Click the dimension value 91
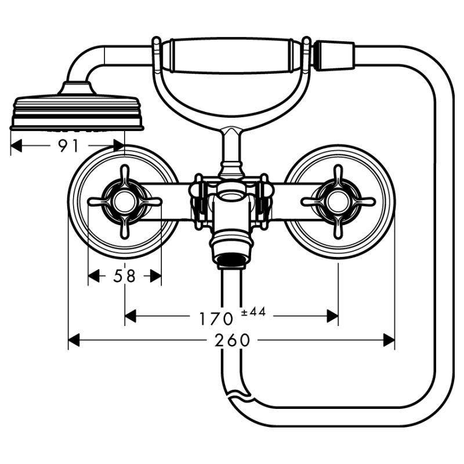coord(68,147)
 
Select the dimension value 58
coord(124,277)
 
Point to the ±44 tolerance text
coord(253,312)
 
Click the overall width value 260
coord(232,340)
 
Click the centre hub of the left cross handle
coord(124,201)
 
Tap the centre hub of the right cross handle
coord(338,201)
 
